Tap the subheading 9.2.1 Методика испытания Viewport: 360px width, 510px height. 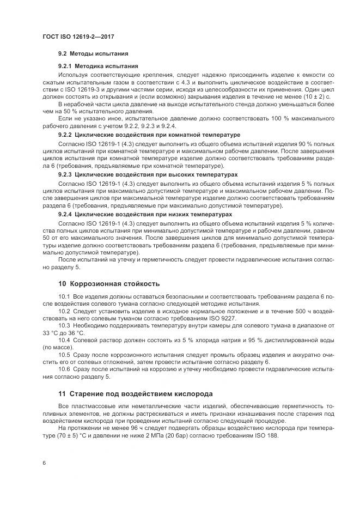click(98, 66)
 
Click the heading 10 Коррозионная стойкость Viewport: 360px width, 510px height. click(109, 284)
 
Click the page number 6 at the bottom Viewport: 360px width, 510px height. click(44, 463)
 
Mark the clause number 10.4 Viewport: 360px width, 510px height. click(64, 339)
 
